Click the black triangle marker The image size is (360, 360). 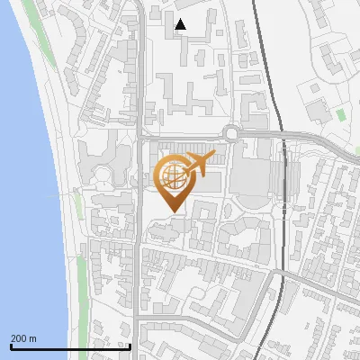[x=181, y=24]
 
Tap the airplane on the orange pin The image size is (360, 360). [x=197, y=163]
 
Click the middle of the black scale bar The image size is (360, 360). [x=70, y=346]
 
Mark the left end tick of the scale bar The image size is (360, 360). [x=11, y=346]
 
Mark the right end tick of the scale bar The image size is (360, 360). [x=130, y=346]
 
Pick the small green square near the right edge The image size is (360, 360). [x=341, y=114]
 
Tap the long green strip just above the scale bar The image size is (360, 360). [x=86, y=288]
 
